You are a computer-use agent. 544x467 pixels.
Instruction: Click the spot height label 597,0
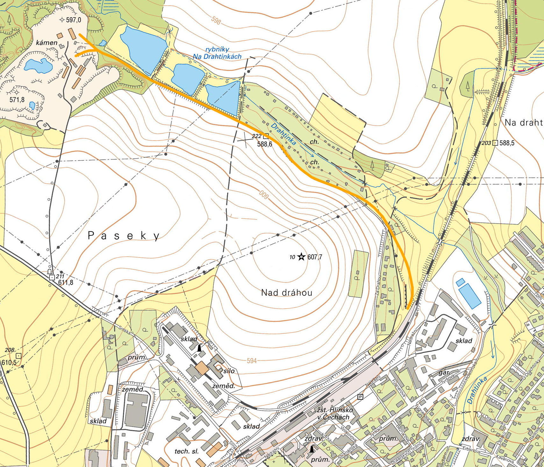pyautogui.click(x=74, y=20)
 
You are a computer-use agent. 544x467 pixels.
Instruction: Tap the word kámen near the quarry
pyautogui.click(x=47, y=43)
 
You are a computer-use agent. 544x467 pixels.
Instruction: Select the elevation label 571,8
pyautogui.click(x=17, y=100)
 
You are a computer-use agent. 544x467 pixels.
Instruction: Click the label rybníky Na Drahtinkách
pyautogui.click(x=217, y=53)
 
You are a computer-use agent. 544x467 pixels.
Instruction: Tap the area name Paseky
pyautogui.click(x=124, y=236)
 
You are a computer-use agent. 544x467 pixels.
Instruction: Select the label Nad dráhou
pyautogui.click(x=287, y=293)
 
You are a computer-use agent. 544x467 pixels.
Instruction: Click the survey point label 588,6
pyautogui.click(x=265, y=144)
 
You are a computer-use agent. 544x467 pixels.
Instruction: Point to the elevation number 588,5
pyautogui.click(x=507, y=143)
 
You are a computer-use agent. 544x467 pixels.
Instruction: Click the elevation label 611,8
pyautogui.click(x=66, y=282)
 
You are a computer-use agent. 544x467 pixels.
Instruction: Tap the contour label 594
pyautogui.click(x=252, y=361)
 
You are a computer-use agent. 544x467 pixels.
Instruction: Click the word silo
pyautogui.click(x=229, y=371)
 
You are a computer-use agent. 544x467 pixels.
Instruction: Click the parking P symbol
pyautogui.click(x=360, y=397)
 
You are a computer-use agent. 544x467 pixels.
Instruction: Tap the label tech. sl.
pyautogui.click(x=187, y=451)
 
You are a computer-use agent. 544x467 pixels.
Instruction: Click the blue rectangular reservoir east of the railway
pyautogui.click(x=470, y=296)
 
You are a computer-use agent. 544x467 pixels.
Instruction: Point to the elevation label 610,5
pyautogui.click(x=9, y=362)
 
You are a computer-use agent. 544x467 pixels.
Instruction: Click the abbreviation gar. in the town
pyautogui.click(x=444, y=372)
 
